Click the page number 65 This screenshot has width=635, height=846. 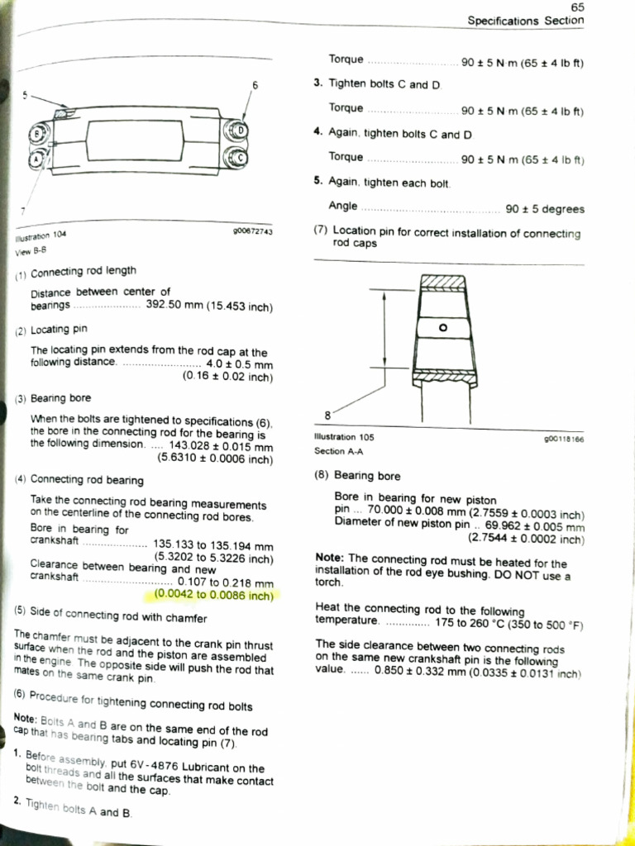pyautogui.click(x=576, y=7)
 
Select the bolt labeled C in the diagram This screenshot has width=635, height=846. pyautogui.click(x=235, y=157)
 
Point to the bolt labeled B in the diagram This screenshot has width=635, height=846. pyautogui.click(x=36, y=132)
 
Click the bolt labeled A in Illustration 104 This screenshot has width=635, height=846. pyautogui.click(x=36, y=159)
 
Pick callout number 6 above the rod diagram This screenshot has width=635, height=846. pyautogui.click(x=255, y=86)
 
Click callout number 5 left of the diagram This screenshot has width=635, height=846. pyautogui.click(x=26, y=96)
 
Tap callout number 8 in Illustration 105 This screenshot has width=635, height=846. pyautogui.click(x=328, y=415)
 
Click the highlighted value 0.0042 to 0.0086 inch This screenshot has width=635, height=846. pyautogui.click(x=213, y=594)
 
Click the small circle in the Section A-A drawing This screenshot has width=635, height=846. pyautogui.click(x=443, y=327)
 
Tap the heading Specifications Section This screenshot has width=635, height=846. pyautogui.click(x=525, y=20)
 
